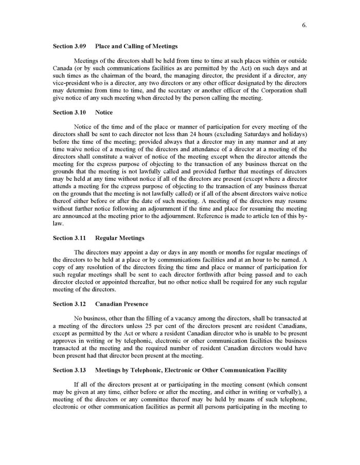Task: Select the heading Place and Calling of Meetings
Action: coord(136,46)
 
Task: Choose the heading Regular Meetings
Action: coord(120,238)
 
